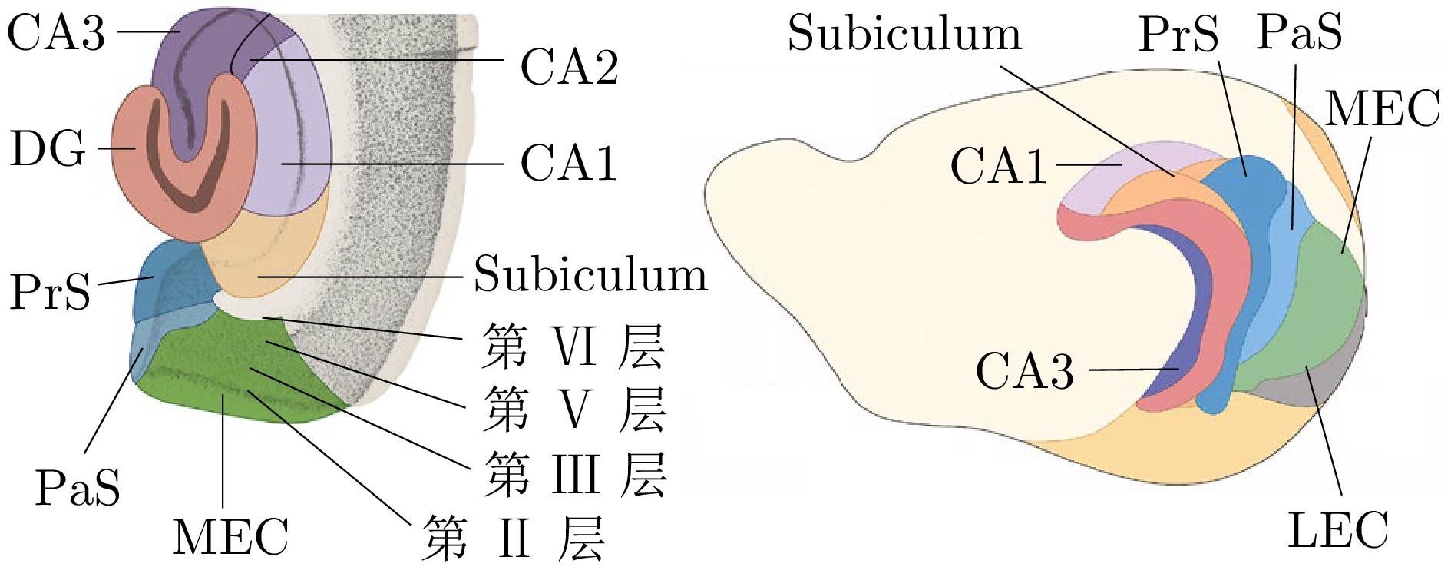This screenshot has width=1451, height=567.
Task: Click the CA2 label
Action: pyautogui.click(x=569, y=66)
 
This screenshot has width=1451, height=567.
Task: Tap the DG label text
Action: pyautogui.click(x=48, y=148)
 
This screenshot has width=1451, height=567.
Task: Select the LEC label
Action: pyautogui.click(x=1337, y=529)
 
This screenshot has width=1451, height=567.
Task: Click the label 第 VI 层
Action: pyautogui.click(x=572, y=346)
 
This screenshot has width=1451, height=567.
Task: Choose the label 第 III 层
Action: pyautogui.click(x=574, y=474)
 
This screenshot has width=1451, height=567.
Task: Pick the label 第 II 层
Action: pyautogui.click(x=513, y=538)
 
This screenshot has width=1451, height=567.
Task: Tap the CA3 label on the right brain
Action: pyautogui.click(x=1024, y=370)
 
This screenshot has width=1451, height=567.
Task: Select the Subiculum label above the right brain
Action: pyautogui.click(x=904, y=33)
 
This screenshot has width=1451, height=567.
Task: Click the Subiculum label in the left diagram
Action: pyautogui.click(x=590, y=274)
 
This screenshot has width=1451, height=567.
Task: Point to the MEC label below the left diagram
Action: pyautogui.click(x=230, y=535)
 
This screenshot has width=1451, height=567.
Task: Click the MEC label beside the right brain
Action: pyautogui.click(x=1382, y=108)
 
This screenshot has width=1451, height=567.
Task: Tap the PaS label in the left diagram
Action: pyautogui.click(x=78, y=487)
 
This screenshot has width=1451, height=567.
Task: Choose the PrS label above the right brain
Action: pyautogui.click(x=1178, y=34)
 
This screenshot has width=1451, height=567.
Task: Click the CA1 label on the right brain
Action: pyautogui.click(x=998, y=165)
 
